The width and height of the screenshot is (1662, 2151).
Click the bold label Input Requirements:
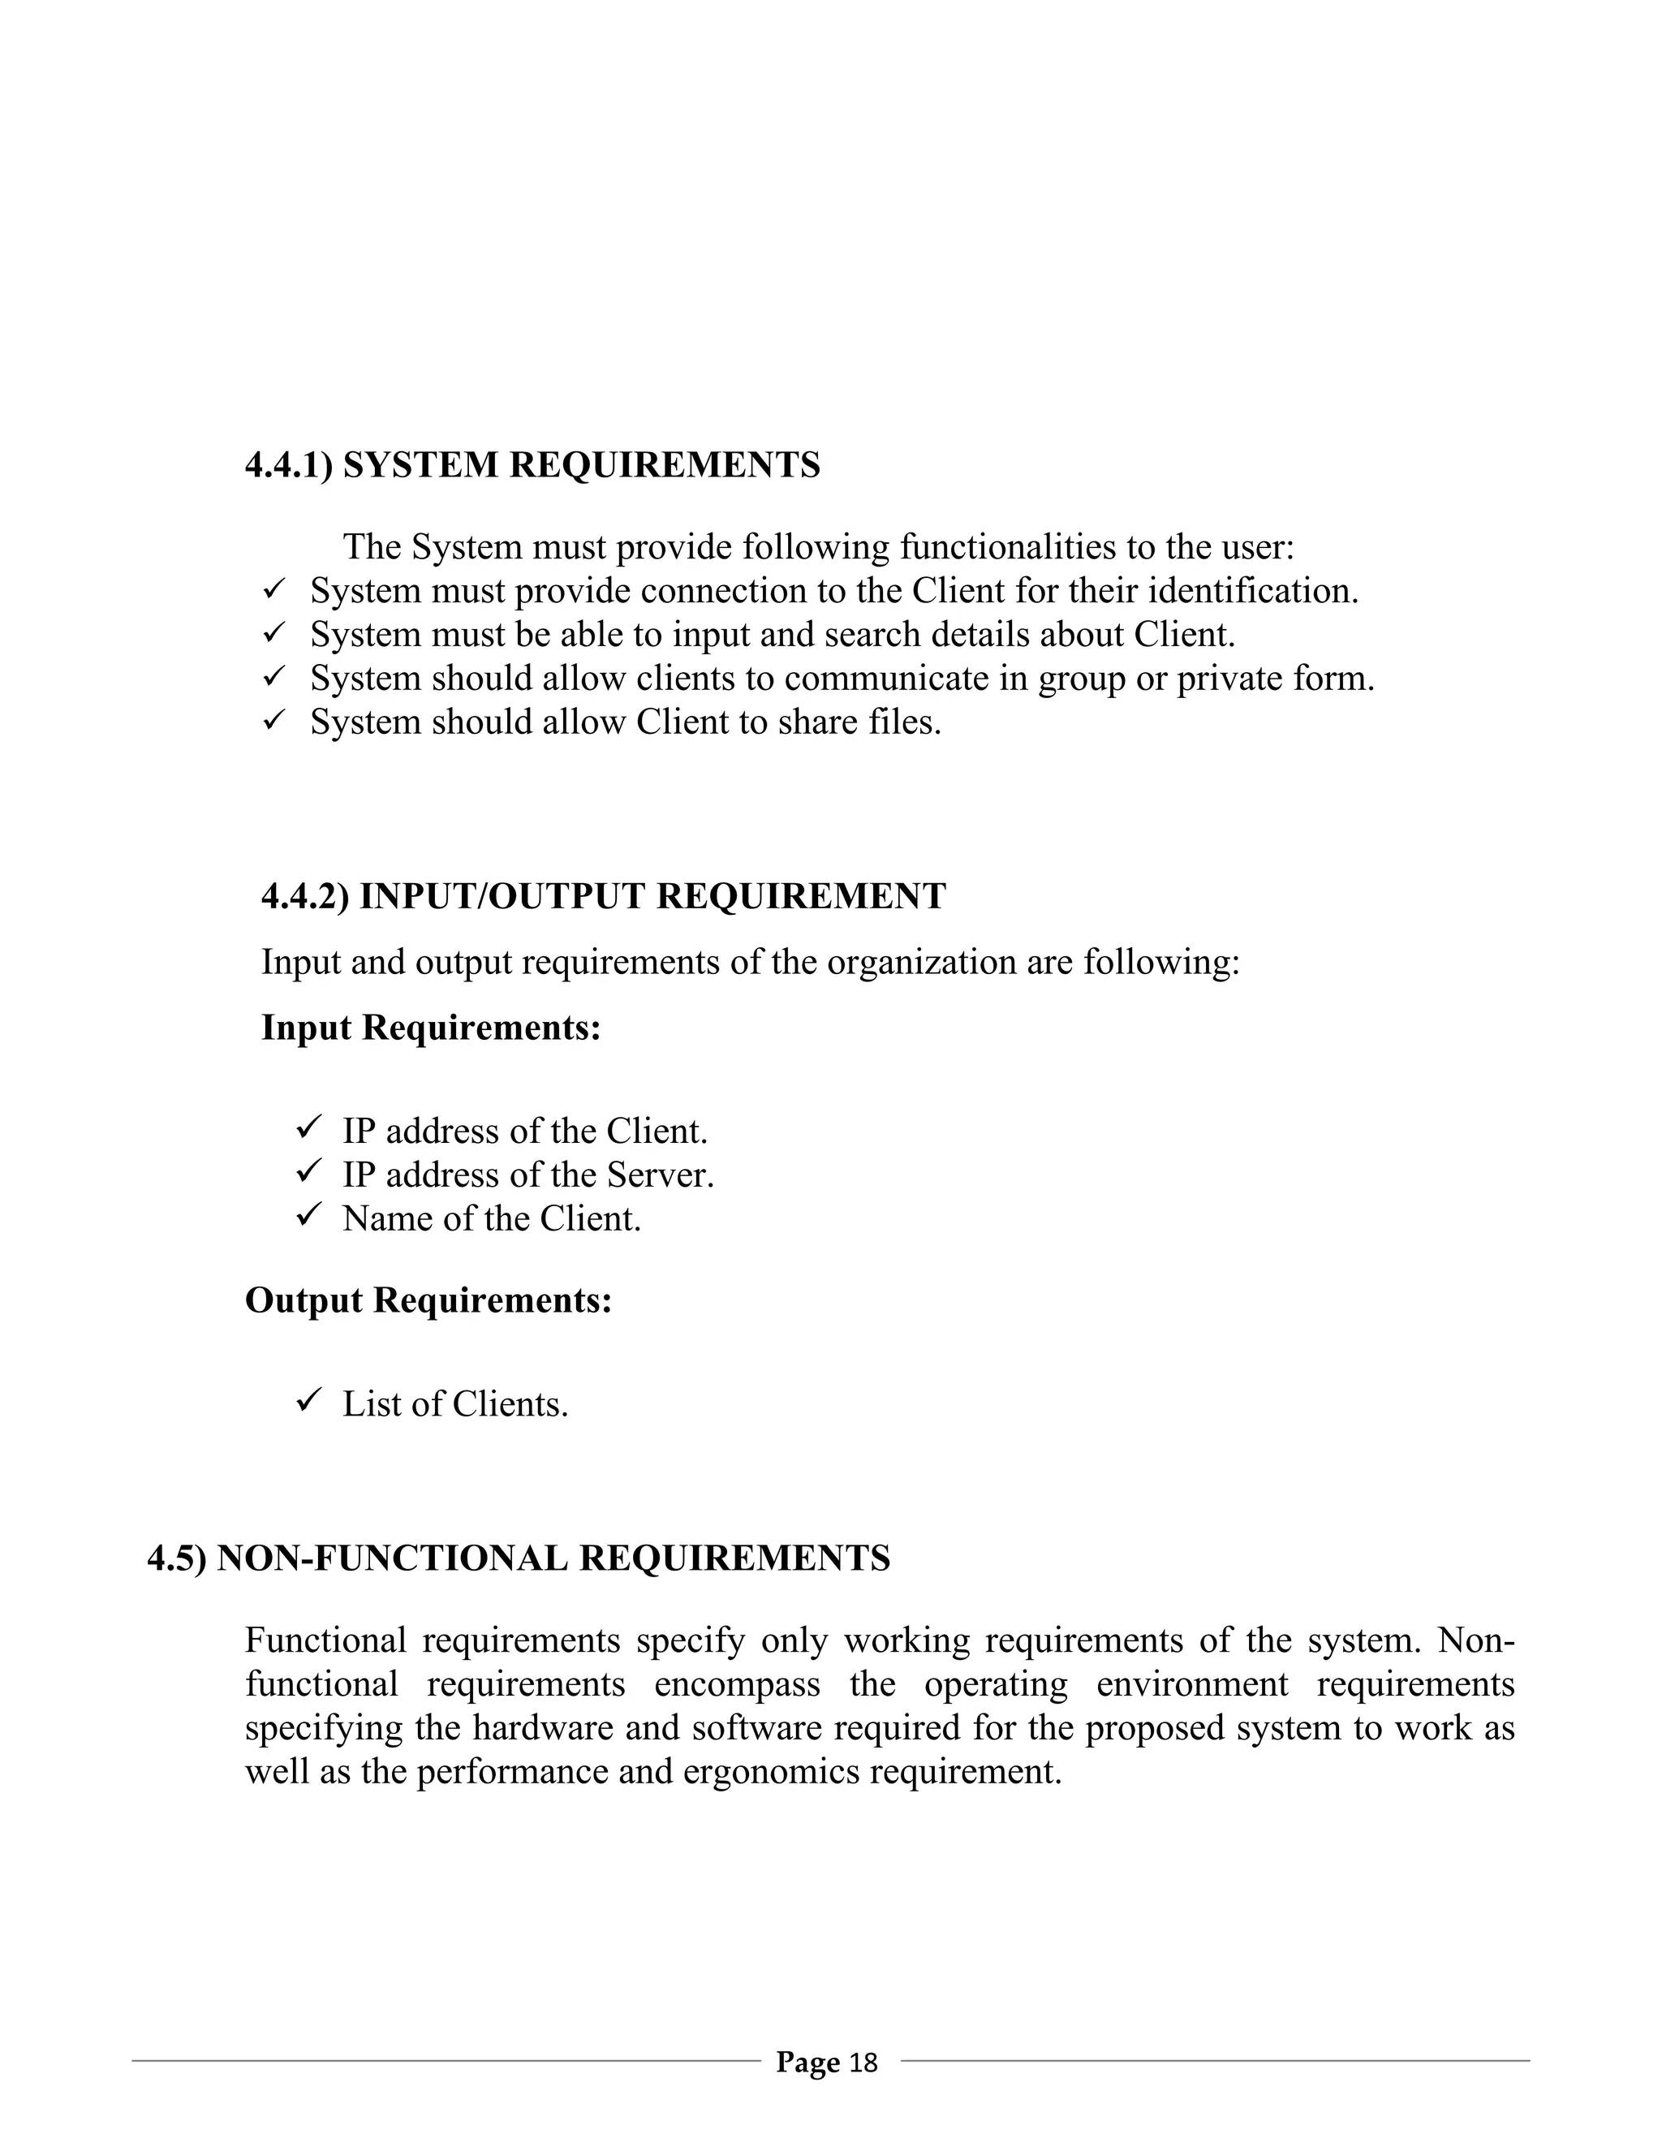pyautogui.click(x=430, y=1028)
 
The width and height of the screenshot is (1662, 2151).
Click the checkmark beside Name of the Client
pyautogui.click(x=308, y=1217)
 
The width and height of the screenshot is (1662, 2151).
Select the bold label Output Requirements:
pyautogui.click(x=428, y=1300)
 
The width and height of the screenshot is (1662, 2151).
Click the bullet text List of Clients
pyautogui.click(x=455, y=1404)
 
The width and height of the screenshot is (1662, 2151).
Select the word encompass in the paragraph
pyautogui.click(x=737, y=1684)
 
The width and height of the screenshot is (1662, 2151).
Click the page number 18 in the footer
pyautogui.click(x=863, y=2063)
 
